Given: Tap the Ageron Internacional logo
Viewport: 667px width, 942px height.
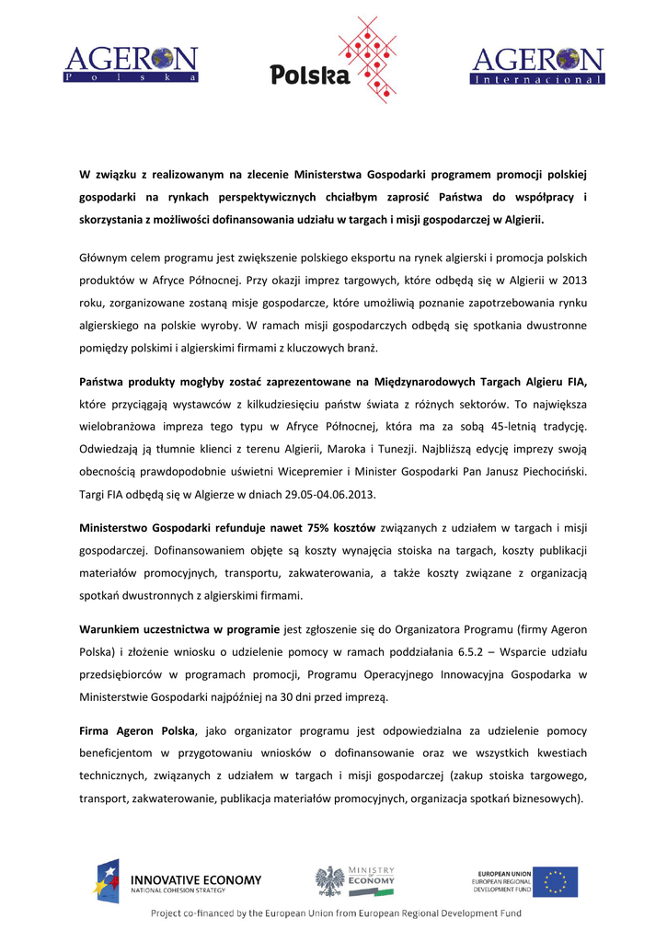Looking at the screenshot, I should tap(537, 65).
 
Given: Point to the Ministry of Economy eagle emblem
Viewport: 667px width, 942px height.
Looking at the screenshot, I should tap(328, 881).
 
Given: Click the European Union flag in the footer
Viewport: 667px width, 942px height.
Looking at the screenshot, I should tap(556, 881).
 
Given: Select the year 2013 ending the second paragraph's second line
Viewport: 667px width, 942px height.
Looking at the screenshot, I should tap(572, 280).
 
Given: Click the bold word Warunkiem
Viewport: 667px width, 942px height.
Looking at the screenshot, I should tap(110, 629).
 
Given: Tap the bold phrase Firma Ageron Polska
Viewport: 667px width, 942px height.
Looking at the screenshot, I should tap(137, 730).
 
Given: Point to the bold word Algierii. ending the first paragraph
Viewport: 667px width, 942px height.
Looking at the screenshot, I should tap(521, 220).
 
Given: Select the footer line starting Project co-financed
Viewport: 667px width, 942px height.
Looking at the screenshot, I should tap(336, 913).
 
